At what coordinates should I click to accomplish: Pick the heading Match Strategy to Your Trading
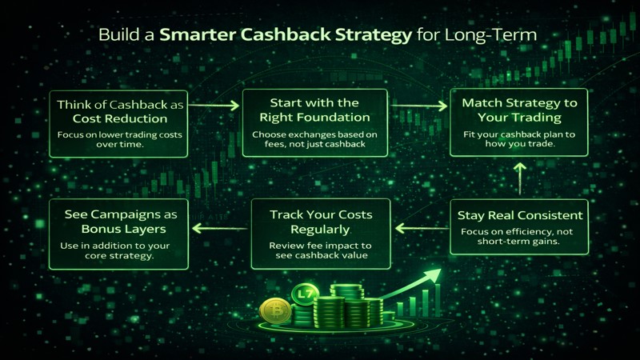click(518, 110)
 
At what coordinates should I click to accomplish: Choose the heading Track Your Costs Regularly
click(320, 222)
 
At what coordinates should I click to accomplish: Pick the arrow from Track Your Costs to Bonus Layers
click(220, 230)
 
